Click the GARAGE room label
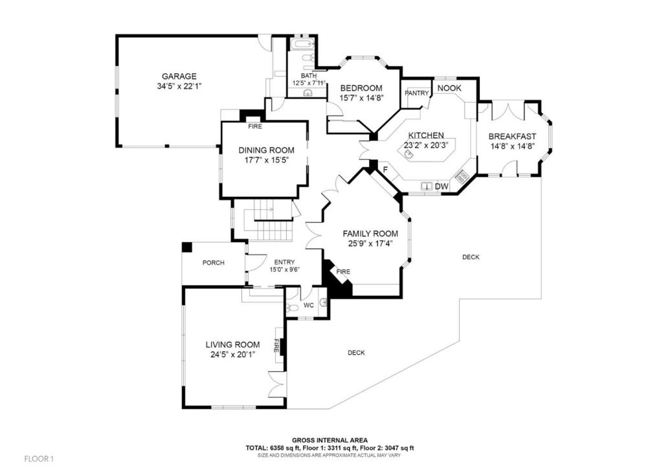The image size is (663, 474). click(x=179, y=76)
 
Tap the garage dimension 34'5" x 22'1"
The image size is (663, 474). click(x=179, y=86)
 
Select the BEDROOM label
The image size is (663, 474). click(x=361, y=88)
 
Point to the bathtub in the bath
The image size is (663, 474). click(x=302, y=44)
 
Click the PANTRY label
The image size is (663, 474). click(x=417, y=93)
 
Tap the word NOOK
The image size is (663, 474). click(x=449, y=88)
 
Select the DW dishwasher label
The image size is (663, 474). click(x=442, y=186)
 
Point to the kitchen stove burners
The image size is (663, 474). click(x=461, y=176)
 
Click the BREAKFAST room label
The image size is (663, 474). click(x=512, y=137)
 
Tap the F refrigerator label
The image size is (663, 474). click(x=385, y=170)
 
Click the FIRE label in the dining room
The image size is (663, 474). click(x=255, y=126)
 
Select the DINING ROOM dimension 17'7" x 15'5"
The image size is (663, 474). click(x=266, y=160)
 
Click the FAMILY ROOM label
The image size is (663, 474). click(x=370, y=234)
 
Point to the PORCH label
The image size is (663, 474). click(x=214, y=263)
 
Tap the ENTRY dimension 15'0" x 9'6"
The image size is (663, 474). click(x=285, y=270)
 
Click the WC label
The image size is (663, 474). click(x=309, y=305)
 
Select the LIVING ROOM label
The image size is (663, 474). click(x=232, y=345)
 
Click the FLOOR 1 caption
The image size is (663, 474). click(x=39, y=458)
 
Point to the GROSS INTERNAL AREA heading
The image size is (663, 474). click(x=330, y=440)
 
